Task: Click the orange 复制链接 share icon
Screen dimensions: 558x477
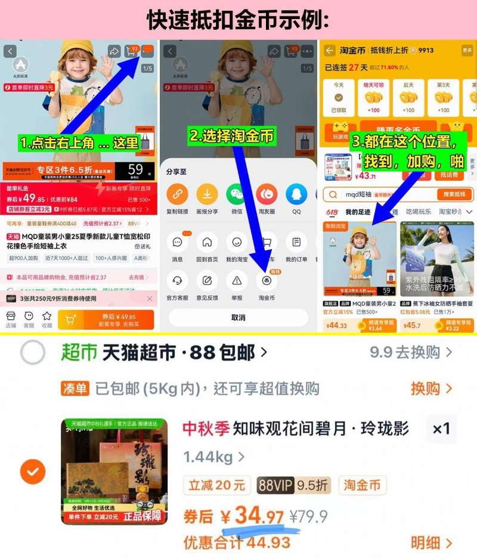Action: (177, 194)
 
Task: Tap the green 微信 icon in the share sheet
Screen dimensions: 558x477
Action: (236, 194)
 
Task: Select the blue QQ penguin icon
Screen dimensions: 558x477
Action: (296, 194)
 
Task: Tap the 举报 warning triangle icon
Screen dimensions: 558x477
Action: (237, 280)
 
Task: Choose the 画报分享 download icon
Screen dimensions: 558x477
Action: (207, 194)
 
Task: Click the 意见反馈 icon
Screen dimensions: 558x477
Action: (207, 280)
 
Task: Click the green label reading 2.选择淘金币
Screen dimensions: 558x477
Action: (232, 136)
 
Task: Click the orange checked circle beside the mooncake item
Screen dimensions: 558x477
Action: (33, 472)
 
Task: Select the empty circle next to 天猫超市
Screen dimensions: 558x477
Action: (33, 353)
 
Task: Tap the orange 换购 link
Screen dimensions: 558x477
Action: (430, 389)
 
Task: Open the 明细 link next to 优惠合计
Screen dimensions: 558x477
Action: (430, 542)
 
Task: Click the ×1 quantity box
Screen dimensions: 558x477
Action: (441, 429)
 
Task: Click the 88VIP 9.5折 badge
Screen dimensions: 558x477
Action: (293, 485)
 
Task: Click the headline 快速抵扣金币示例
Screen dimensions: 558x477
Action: (238, 19)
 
